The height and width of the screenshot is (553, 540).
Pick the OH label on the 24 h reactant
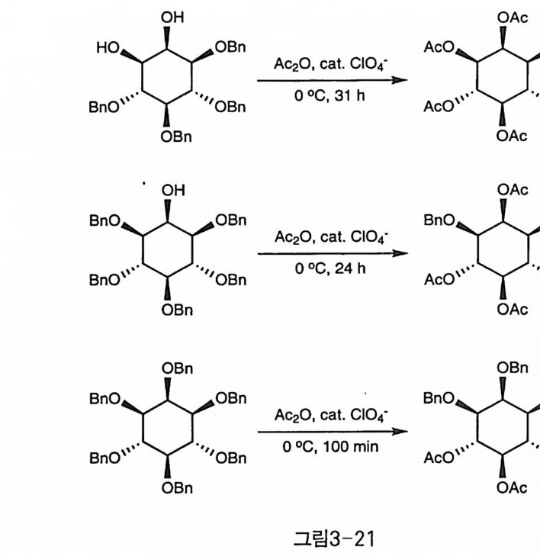coord(172,190)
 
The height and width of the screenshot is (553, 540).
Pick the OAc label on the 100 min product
coord(512,488)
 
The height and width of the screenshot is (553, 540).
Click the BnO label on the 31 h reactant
coord(103,109)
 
